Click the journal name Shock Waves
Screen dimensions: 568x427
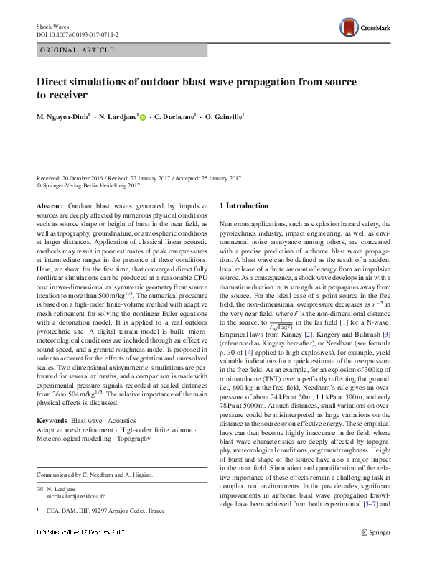52,26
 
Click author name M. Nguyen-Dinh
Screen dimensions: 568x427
64,116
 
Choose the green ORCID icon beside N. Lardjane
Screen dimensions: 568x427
142,117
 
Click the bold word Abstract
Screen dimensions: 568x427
49,205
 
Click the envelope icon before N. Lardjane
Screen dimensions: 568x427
39,488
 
